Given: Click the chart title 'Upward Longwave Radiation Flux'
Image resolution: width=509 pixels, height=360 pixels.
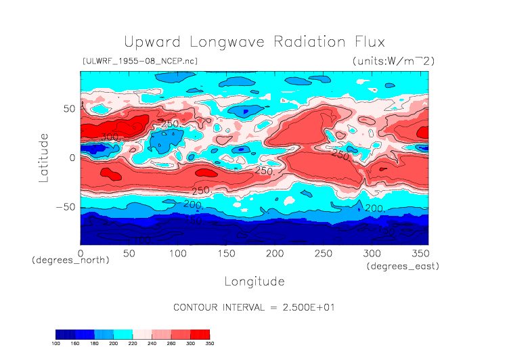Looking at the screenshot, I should (255, 41).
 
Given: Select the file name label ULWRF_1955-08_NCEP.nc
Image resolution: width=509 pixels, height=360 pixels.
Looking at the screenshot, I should (139, 61).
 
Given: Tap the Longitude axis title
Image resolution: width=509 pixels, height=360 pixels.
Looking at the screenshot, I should (255, 280).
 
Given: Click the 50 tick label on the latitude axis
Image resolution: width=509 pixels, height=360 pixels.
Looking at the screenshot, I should (68, 108).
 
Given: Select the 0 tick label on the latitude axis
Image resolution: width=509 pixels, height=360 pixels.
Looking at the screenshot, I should (72, 158).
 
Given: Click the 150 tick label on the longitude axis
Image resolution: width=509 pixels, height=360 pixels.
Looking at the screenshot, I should (225, 253).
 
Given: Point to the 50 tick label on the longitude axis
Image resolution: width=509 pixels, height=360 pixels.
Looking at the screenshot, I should (129, 253).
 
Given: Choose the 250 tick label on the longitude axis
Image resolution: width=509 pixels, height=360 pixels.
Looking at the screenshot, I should (322, 253).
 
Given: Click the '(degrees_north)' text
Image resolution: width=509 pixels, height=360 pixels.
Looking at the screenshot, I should (70, 260).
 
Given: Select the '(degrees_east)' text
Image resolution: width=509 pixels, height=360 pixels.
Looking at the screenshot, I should (403, 267).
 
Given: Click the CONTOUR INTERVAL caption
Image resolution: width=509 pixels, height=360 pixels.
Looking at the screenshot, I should (255, 307).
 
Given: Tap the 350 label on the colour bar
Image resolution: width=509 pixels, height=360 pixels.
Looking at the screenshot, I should (209, 344).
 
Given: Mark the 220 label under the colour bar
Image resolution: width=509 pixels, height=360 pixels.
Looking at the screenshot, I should (133, 344).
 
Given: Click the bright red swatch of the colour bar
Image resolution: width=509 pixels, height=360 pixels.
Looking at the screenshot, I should (200, 334).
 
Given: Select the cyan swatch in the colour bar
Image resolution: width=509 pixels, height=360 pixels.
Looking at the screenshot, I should (123, 334).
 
